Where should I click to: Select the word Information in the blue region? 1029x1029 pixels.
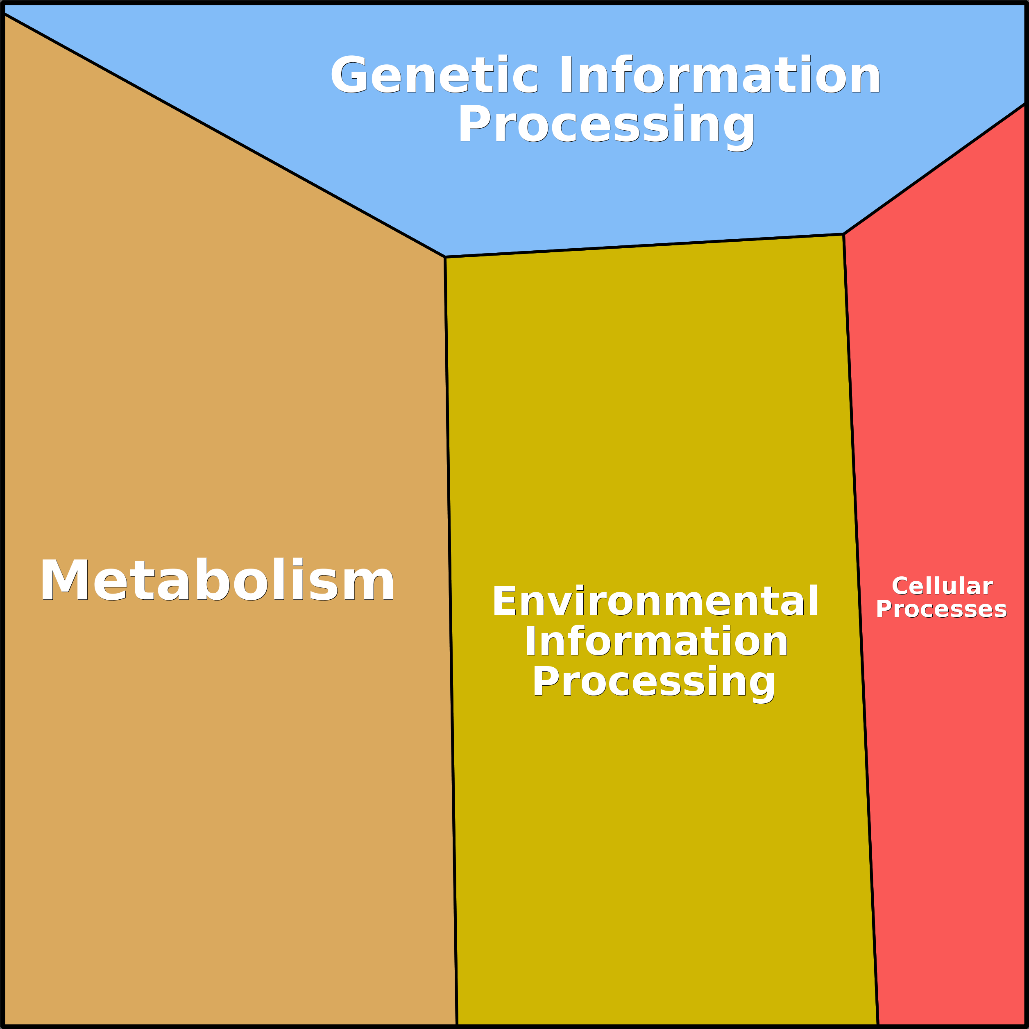(719, 75)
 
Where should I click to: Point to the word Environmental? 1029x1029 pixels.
(655, 601)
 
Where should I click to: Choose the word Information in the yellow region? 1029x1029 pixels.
(656, 642)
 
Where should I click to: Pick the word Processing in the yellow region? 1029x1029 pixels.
(654, 682)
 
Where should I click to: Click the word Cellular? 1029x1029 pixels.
(942, 587)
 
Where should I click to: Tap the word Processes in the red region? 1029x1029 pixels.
(942, 609)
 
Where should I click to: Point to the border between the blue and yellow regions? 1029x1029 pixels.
(644, 245)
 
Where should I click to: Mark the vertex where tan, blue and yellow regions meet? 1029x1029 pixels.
(445, 257)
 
